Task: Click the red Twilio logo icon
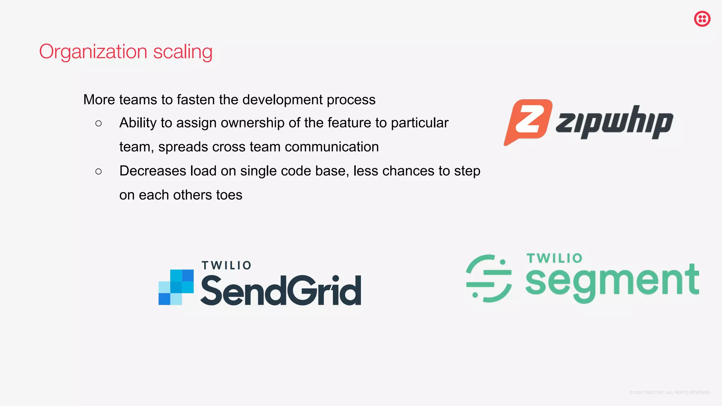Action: tap(702, 19)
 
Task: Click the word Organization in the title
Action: tap(93, 52)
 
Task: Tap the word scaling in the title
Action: tap(183, 52)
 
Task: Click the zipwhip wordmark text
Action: tap(614, 122)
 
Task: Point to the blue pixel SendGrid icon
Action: tap(176, 287)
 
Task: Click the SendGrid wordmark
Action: tap(281, 291)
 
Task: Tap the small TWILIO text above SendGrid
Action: tap(226, 265)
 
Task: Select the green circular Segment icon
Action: tap(489, 278)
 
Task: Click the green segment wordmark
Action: tap(612, 282)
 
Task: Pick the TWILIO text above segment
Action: tap(554, 258)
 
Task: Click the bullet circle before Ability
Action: tap(98, 123)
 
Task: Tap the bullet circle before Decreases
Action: tap(98, 172)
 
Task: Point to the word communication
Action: tap(331, 147)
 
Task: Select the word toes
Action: tap(229, 195)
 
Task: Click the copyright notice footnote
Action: tap(670, 393)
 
